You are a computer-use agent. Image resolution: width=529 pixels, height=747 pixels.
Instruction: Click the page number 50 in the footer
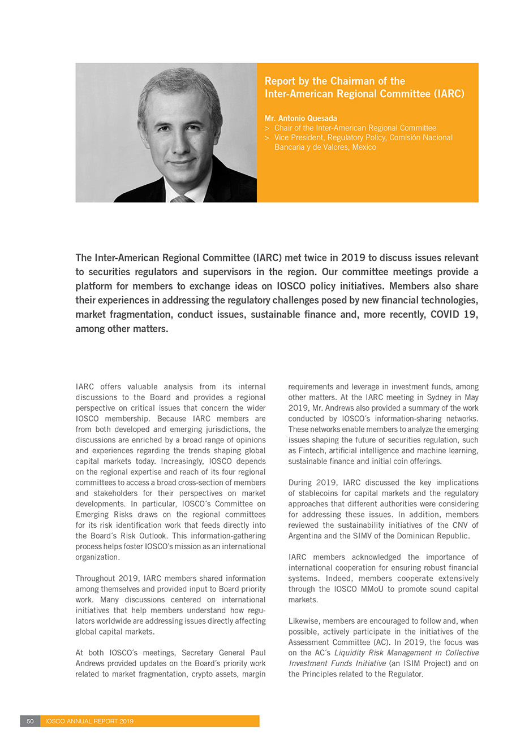30,721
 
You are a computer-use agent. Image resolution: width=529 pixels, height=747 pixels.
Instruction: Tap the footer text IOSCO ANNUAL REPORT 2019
89,721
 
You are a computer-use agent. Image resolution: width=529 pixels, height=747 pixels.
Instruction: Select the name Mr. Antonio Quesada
300,118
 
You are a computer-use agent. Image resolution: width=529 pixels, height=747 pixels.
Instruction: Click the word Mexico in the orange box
364,147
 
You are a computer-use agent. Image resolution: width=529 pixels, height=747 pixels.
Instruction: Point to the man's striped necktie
182,199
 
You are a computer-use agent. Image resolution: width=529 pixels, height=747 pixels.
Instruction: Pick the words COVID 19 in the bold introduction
454,314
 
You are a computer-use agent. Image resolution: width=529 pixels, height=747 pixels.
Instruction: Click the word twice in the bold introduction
326,258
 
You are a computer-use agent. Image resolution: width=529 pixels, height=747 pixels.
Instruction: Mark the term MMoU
372,589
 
